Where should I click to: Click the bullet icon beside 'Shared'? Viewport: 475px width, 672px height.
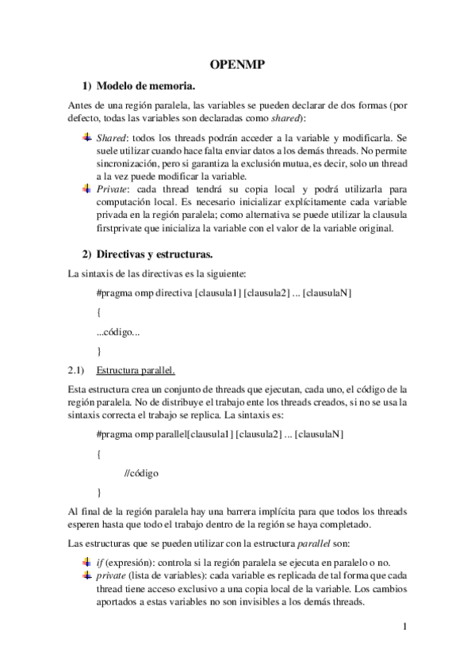point(87,137)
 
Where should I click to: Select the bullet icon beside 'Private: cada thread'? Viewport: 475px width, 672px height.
point(87,189)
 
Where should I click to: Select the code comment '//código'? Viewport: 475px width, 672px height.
point(142,473)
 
